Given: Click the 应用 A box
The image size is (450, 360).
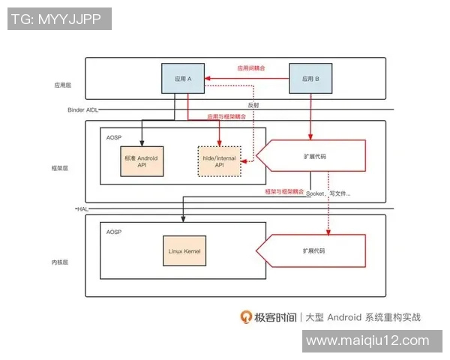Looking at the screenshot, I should (184, 79).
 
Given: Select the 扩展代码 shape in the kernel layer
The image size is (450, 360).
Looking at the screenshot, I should (315, 250).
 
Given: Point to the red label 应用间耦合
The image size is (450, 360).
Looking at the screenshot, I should (251, 68).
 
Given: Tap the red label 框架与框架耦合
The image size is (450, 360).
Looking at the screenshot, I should (284, 192).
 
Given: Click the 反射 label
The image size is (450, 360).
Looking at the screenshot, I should (253, 105).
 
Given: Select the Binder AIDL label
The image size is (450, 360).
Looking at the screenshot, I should (82, 110).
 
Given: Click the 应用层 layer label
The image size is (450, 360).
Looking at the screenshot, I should (63, 85).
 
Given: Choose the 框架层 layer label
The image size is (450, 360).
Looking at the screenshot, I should (63, 169).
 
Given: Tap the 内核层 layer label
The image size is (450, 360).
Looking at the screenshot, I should (63, 262).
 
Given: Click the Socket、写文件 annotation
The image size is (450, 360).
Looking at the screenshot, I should (328, 195).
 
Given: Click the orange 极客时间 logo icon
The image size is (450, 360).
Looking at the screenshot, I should (246, 316).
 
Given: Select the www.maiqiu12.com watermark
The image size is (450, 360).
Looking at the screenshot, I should (367, 340).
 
